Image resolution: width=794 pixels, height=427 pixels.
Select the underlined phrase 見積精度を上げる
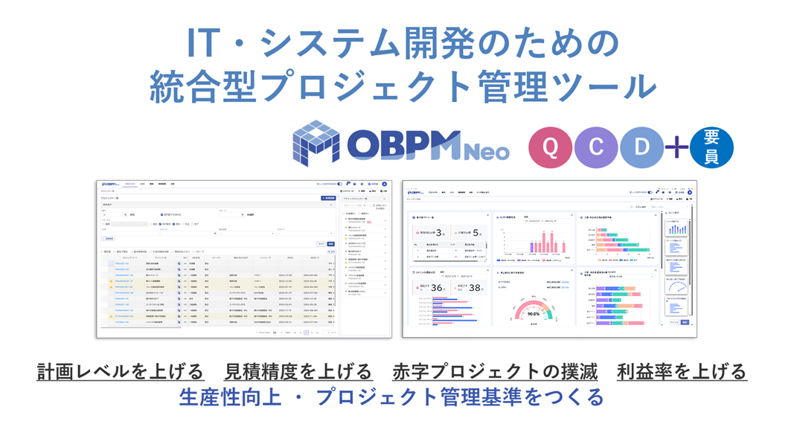tap(298, 370)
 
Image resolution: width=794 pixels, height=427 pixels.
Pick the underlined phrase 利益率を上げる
tap(682, 370)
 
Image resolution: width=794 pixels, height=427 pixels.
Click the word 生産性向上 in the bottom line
tap(231, 397)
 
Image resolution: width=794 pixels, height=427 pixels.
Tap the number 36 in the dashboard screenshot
tap(438, 289)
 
